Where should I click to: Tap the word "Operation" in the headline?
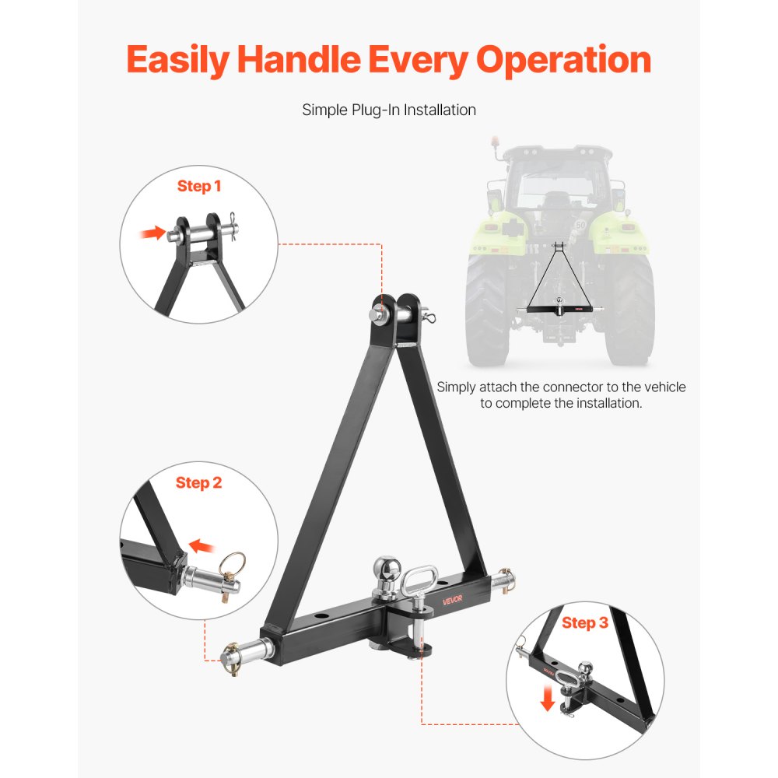(x=565, y=59)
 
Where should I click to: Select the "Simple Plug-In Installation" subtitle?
(x=389, y=110)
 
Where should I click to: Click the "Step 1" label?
(x=199, y=186)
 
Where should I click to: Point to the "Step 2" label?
(x=198, y=482)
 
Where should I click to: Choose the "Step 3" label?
(x=584, y=622)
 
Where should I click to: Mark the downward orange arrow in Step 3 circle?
(x=548, y=699)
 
